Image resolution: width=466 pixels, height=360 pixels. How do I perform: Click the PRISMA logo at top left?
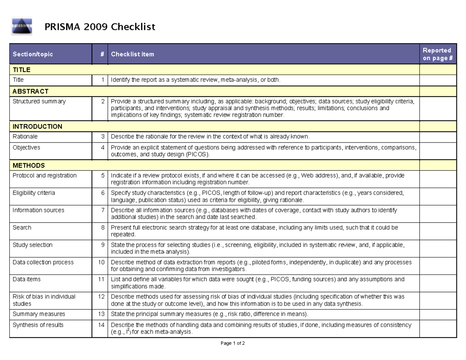22,27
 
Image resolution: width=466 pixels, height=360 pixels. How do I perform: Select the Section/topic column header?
33,54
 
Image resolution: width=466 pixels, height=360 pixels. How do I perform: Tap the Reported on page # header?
437,54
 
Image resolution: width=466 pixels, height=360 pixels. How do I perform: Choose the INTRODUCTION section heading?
37,127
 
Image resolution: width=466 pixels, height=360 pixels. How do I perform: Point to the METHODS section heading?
28,165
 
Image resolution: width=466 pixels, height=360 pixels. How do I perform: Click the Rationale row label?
25,137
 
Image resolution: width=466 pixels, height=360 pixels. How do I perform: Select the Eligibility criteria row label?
34,193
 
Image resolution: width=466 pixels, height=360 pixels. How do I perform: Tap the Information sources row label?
38,210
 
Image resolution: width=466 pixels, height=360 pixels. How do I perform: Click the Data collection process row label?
43,262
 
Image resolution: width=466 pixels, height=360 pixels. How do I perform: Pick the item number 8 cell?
103,228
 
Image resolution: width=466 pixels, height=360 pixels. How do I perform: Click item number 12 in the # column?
101,297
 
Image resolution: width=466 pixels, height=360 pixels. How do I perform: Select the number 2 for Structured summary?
103,102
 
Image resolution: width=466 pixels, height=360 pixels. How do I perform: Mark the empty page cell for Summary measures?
437,314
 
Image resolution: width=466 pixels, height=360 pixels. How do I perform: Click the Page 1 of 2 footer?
233,343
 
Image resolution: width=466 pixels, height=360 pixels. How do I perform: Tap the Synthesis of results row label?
38,325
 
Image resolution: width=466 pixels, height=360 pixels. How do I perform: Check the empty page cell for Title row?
437,80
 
